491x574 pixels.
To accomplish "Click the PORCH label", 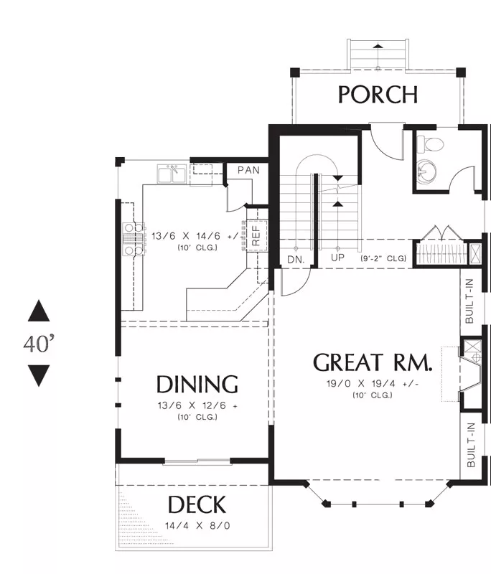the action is click(x=378, y=95).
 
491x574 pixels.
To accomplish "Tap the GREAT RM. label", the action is click(x=373, y=363).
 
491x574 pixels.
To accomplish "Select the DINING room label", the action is click(x=197, y=385).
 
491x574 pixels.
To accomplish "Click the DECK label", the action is click(x=197, y=504).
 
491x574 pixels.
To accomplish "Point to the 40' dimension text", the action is click(x=39, y=344).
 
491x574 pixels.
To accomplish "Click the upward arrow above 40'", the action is click(x=39, y=311).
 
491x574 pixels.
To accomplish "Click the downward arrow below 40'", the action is click(x=39, y=376).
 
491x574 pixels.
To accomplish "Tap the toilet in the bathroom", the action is click(x=430, y=144).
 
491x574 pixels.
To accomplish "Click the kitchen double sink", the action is click(x=172, y=174).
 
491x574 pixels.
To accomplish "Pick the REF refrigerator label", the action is click(x=256, y=235).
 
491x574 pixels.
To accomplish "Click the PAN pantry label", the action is click(x=248, y=170).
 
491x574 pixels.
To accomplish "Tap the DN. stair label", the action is click(x=296, y=260).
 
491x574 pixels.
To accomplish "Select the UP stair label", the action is click(x=337, y=258).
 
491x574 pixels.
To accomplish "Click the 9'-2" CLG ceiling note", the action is click(x=383, y=258).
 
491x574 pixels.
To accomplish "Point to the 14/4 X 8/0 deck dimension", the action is click(x=197, y=526).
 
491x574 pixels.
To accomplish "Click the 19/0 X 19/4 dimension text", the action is click(x=373, y=384).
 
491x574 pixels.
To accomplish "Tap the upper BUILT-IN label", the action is click(x=469, y=301).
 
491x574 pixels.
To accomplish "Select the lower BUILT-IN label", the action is click(x=471, y=445).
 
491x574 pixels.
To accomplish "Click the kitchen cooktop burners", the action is click(x=134, y=239).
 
